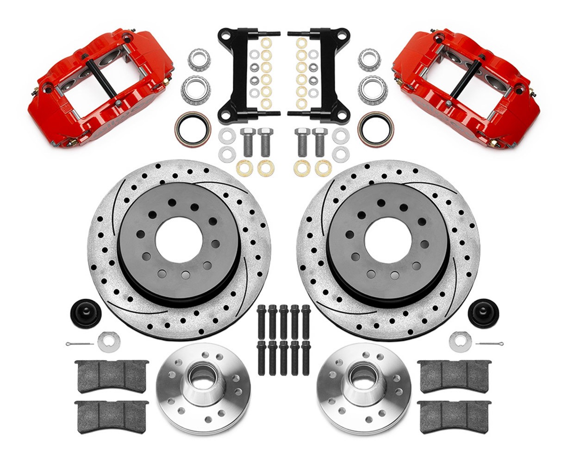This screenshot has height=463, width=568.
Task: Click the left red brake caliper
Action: (x=100, y=88)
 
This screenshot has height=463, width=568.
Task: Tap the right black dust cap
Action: (x=483, y=313)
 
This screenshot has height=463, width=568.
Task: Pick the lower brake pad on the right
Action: (x=454, y=417)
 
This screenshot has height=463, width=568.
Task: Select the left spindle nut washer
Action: (x=109, y=342)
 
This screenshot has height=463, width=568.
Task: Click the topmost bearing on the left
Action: (x=199, y=59)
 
